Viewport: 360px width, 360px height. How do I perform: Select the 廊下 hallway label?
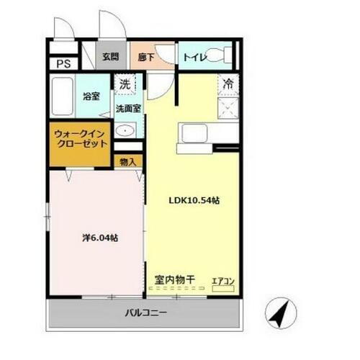146,55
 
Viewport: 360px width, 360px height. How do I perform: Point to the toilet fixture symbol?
225,55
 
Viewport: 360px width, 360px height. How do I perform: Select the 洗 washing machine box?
126,84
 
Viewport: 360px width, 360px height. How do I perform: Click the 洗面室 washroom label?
129,109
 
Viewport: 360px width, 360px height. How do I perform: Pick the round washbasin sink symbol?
126,131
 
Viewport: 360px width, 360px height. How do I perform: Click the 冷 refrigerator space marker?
228,84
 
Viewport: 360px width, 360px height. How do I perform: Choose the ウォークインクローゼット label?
81,138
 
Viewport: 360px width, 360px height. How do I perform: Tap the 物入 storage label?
128,163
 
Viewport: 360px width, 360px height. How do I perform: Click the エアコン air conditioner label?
222,280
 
